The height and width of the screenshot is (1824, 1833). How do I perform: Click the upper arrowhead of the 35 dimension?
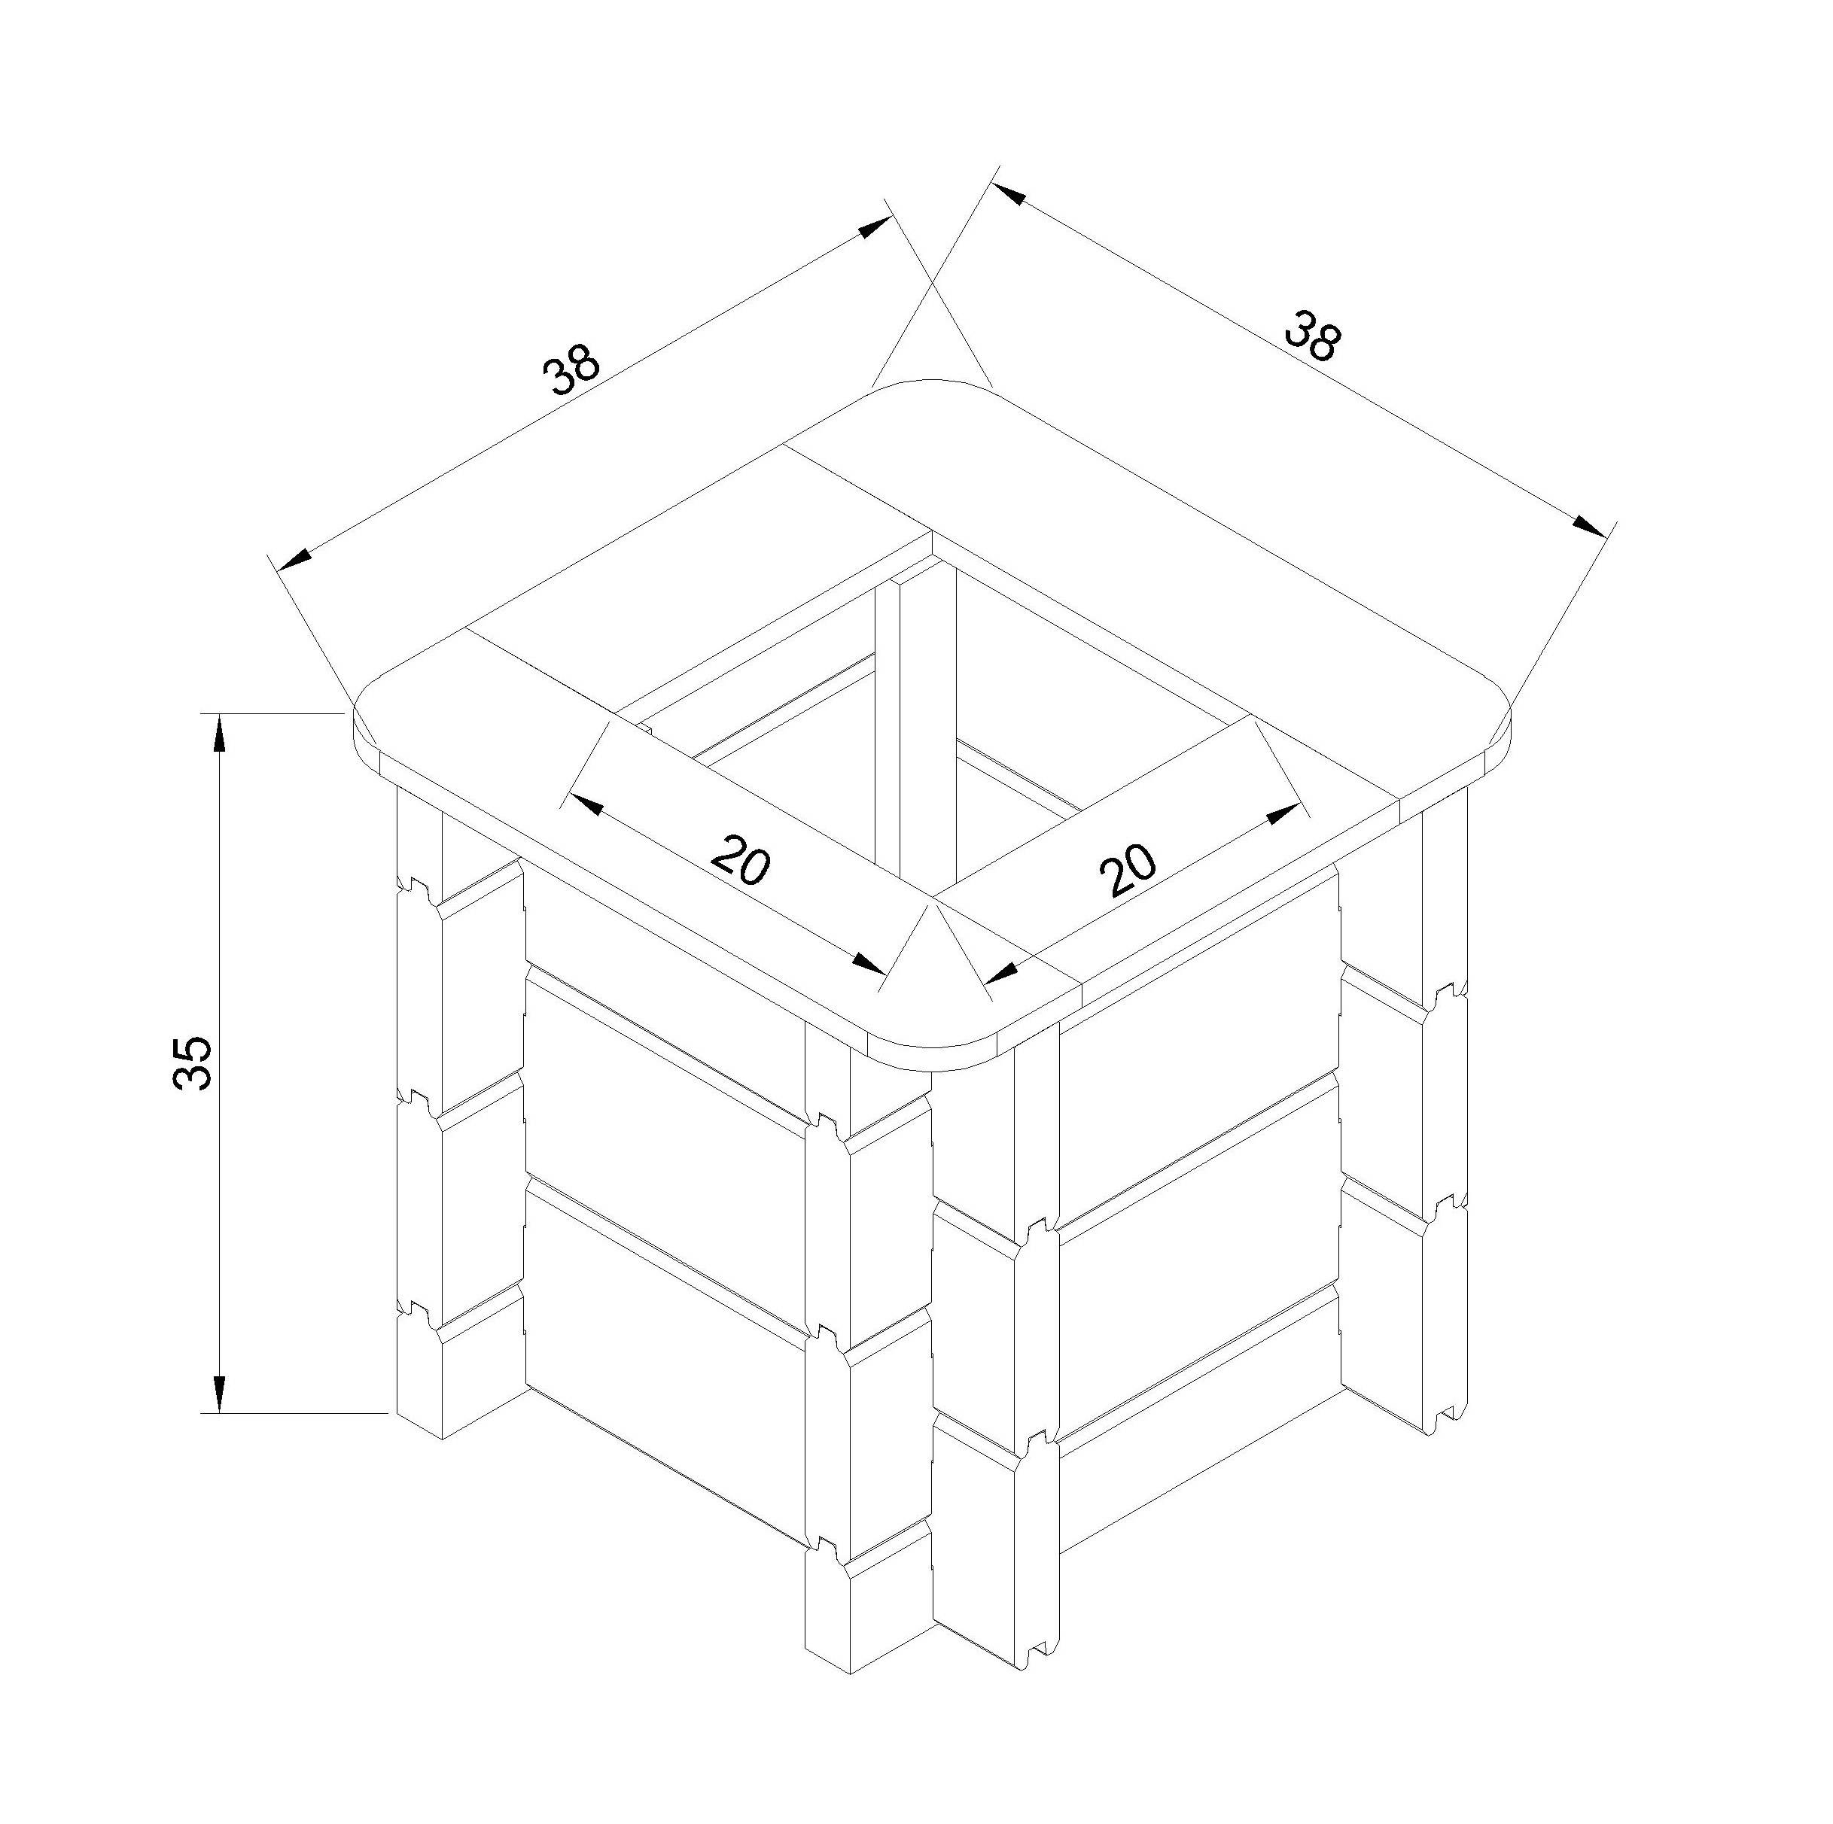219,734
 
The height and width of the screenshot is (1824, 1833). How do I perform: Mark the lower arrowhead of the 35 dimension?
219,1391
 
